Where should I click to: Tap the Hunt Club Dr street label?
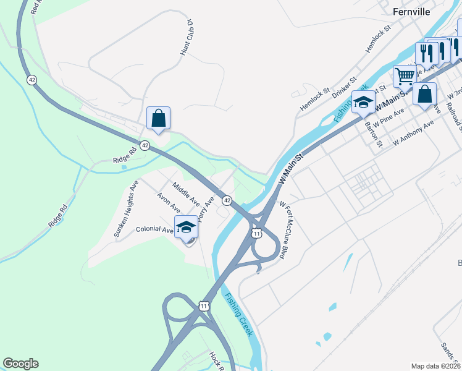click(187, 38)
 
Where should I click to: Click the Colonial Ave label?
click(154, 229)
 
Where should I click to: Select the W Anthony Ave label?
click(413, 134)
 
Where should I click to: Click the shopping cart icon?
click(405, 77)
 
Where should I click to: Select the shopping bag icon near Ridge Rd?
click(158, 117)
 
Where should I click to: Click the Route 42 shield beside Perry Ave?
click(227, 200)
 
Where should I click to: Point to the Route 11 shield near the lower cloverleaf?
click(204, 305)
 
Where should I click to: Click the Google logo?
click(20, 364)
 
